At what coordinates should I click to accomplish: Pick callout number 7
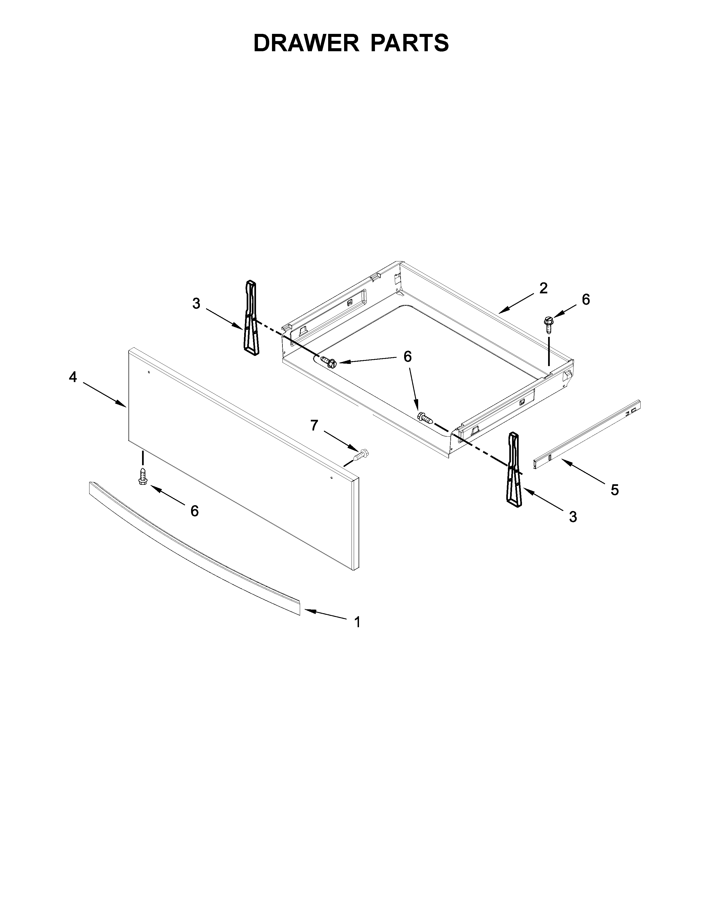314,425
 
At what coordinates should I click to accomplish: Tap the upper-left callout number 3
196,304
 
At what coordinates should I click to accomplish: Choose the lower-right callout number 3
573,517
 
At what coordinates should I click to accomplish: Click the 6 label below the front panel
194,511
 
